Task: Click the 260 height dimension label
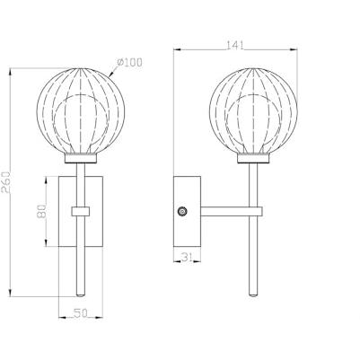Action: pyautogui.click(x=5, y=182)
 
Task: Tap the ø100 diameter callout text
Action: pyautogui.click(x=129, y=63)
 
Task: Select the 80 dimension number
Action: pyautogui.click(x=41, y=211)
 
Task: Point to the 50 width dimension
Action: pyautogui.click(x=81, y=313)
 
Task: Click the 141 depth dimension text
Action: pyautogui.click(x=235, y=45)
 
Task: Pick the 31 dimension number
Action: pyautogui.click(x=187, y=258)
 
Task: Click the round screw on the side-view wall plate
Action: pyautogui.click(x=182, y=212)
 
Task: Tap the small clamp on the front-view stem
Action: pyautogui.click(x=81, y=211)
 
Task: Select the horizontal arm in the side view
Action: pyautogui.click(x=224, y=212)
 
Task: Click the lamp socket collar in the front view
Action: pyautogui.click(x=81, y=158)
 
